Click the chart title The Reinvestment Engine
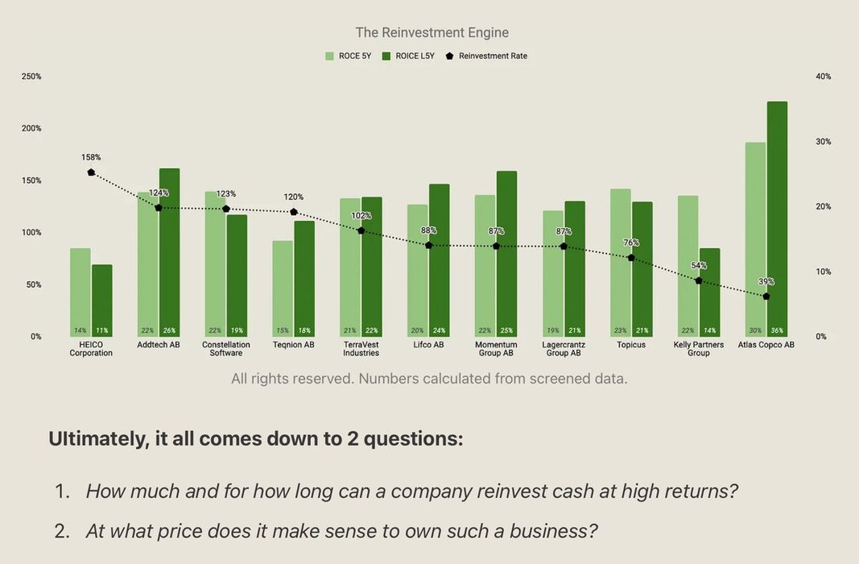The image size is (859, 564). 432,33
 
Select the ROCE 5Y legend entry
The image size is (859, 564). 349,56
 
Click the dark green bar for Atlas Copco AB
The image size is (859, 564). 777,218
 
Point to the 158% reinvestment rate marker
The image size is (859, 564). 91,172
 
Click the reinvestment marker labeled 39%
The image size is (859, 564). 766,297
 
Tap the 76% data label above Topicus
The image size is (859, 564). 631,243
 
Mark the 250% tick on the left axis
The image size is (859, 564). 31,77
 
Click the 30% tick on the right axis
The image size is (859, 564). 823,142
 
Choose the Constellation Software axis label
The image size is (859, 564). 225,349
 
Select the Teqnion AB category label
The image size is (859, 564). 293,345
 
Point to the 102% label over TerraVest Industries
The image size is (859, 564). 361,216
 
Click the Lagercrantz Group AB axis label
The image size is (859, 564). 564,349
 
